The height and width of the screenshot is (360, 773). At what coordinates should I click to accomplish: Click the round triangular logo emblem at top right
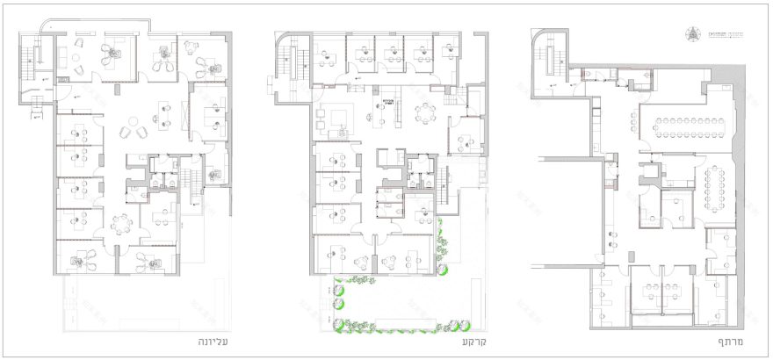click(692, 35)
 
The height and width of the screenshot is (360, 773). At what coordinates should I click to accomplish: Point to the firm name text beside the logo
click(721, 35)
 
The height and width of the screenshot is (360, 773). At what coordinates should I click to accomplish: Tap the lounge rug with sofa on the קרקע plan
click(338, 117)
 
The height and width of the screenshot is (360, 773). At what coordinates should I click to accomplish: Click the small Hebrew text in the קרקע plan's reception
click(386, 103)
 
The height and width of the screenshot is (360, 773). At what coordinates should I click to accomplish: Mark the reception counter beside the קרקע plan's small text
click(386, 114)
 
